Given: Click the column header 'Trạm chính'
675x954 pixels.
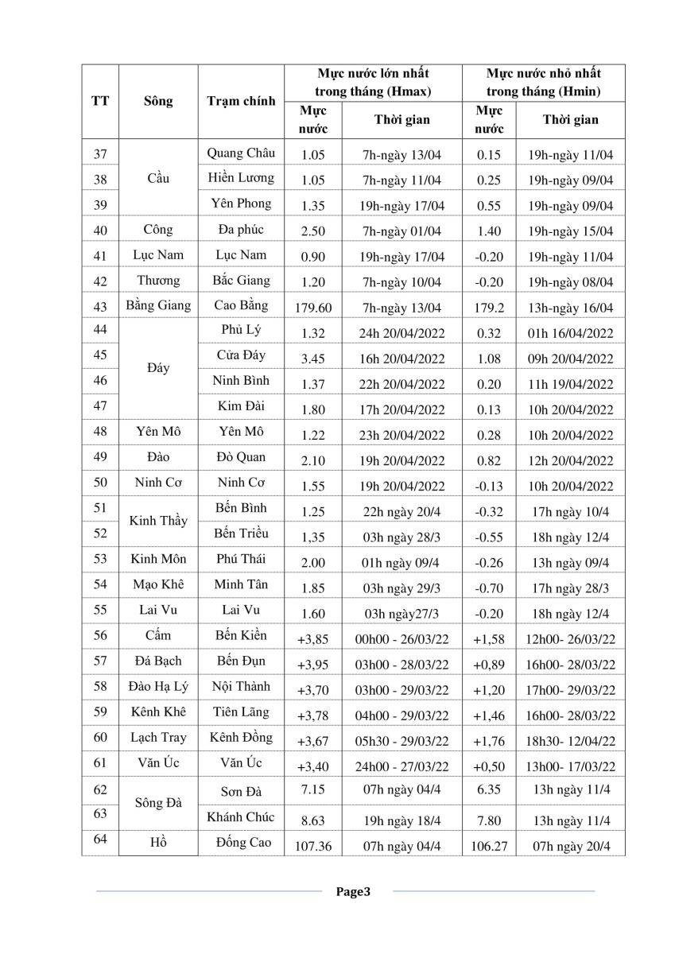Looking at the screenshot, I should pyautogui.click(x=241, y=101).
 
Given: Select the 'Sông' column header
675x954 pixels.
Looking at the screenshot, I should pyautogui.click(x=158, y=101).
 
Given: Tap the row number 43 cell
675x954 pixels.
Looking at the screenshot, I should pyautogui.click(x=100, y=306).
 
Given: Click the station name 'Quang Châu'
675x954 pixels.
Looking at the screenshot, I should pyautogui.click(x=241, y=153).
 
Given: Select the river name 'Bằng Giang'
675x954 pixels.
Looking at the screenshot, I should pyautogui.click(x=158, y=305).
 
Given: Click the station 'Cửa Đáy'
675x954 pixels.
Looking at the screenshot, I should pyautogui.click(x=241, y=355).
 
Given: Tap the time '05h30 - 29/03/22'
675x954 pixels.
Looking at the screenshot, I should pyautogui.click(x=402, y=741).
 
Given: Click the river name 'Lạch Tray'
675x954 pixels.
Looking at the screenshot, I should pyautogui.click(x=158, y=738).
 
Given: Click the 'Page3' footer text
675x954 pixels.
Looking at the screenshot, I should pyautogui.click(x=353, y=892).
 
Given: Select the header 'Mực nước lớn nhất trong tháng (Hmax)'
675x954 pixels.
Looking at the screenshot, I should pyautogui.click(x=373, y=83).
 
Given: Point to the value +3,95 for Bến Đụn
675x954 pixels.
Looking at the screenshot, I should pyautogui.click(x=312, y=665).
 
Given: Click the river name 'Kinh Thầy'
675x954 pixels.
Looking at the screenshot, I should pyautogui.click(x=158, y=521).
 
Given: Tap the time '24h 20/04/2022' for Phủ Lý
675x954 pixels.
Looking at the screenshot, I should pyautogui.click(x=402, y=333).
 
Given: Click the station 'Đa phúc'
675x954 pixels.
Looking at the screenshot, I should pyautogui.click(x=241, y=230).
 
